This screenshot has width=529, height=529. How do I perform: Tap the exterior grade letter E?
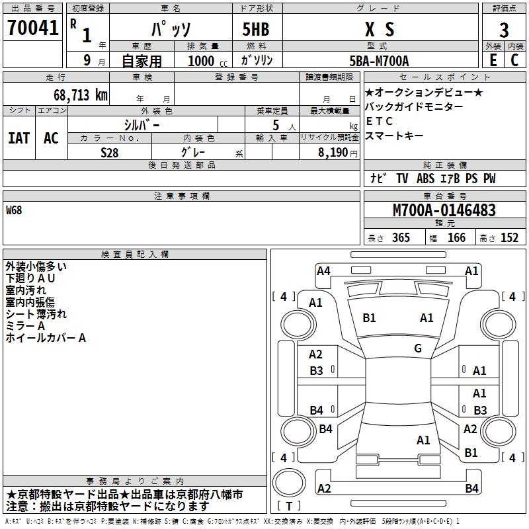493,60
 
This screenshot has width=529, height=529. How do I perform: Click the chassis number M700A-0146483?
444,211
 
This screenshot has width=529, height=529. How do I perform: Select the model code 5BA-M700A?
379,61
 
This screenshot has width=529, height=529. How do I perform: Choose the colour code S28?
109,151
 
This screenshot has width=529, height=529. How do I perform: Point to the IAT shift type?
19,138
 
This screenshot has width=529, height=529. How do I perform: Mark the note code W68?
14,211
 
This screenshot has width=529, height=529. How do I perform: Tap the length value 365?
401,238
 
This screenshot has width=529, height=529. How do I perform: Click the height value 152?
509,238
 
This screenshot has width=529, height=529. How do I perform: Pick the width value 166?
456,238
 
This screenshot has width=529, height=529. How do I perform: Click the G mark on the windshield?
417,348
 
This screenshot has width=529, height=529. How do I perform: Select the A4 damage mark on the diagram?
323,270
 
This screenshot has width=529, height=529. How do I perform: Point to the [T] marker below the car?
288,507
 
